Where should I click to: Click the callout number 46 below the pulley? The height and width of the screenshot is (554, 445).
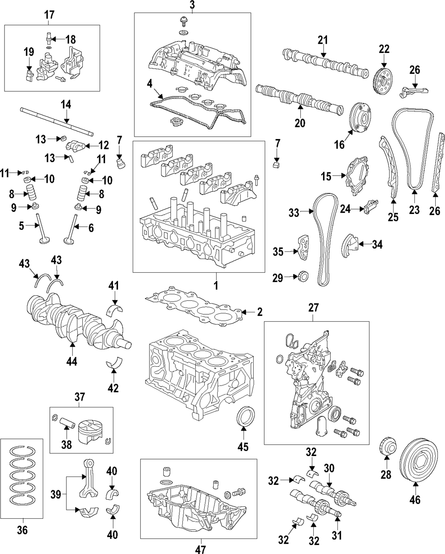[414, 500]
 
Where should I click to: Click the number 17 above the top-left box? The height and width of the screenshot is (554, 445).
[49, 15]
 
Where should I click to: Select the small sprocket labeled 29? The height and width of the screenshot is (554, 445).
[303, 277]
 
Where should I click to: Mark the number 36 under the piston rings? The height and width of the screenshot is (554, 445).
[22, 530]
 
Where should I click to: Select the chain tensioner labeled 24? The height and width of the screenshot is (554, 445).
[369, 206]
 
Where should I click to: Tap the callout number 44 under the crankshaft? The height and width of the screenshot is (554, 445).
[72, 361]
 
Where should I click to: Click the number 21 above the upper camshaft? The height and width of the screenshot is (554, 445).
[323, 40]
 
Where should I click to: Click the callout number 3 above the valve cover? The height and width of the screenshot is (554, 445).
[192, 6]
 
